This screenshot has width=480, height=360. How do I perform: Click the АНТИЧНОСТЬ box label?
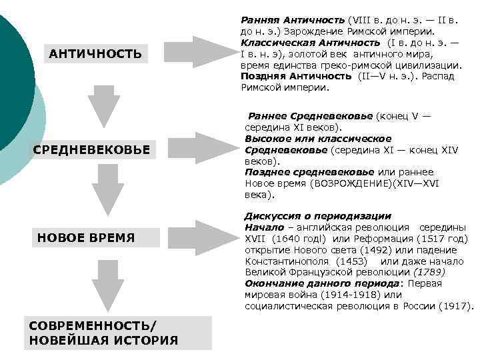tap(95, 54)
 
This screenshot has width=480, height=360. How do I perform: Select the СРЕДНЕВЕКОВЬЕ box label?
tap(91, 149)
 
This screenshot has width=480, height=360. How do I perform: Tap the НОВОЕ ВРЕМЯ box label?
tap(86, 237)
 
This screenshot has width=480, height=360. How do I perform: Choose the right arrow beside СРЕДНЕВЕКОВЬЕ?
tap(203, 147)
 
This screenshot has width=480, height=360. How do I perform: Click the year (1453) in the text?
tap(353, 261)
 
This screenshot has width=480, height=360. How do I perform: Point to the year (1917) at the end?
tap(455, 306)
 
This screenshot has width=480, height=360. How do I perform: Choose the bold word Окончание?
tap(273, 283)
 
